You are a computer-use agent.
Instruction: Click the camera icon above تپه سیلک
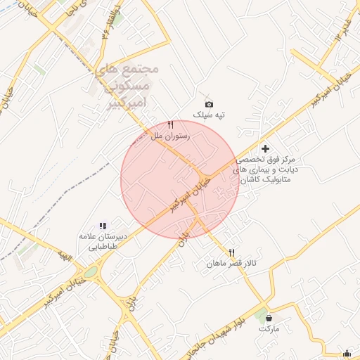pos(208,104)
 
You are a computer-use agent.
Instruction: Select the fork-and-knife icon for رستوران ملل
pos(170,125)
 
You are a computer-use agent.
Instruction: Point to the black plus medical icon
pos(265,148)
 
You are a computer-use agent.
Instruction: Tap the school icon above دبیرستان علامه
pos(103,226)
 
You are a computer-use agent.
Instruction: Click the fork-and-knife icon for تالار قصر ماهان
pos(231,253)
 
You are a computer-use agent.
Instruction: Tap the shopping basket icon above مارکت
pos(269,319)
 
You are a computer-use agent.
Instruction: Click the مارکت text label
pos(269,328)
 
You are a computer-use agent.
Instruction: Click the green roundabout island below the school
pos(91,272)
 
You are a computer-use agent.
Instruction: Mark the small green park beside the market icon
pos(261,313)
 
